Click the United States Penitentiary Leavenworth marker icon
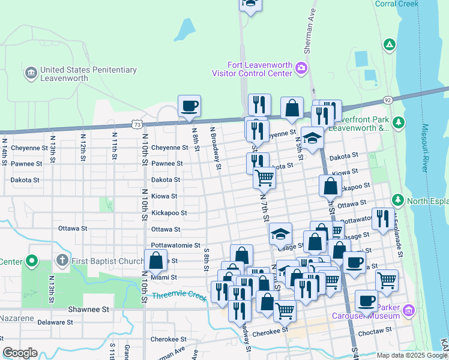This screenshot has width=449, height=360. click(x=31, y=74)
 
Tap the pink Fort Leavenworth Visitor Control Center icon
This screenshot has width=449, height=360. click(x=302, y=68)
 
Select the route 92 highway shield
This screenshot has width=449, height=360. click(x=388, y=100)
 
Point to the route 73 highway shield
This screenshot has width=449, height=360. click(x=137, y=124)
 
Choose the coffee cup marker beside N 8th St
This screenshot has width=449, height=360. click(x=190, y=106)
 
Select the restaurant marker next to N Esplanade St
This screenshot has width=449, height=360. click(x=384, y=219)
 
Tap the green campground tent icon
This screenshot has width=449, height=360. click(x=390, y=44)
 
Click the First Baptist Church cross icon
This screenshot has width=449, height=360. click(x=61, y=261)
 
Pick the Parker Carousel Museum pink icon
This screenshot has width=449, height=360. click(x=409, y=311)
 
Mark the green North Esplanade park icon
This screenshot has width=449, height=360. click(x=397, y=200)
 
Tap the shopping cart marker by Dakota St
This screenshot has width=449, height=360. click(x=264, y=178)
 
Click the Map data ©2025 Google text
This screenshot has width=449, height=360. click(x=411, y=355)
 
